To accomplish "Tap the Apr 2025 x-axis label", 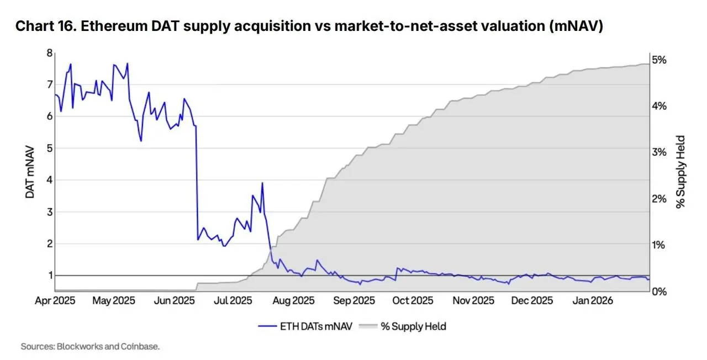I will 55,300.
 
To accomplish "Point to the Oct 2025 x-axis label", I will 413,300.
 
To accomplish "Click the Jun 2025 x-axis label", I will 174,300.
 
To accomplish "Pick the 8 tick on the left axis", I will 49,53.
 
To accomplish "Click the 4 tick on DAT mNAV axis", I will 49,180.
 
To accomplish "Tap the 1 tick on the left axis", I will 49,275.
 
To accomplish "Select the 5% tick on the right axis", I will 660,60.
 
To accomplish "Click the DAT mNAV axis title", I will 29,172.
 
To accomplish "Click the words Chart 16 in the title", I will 44,27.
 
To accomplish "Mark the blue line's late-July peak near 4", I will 262,183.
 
